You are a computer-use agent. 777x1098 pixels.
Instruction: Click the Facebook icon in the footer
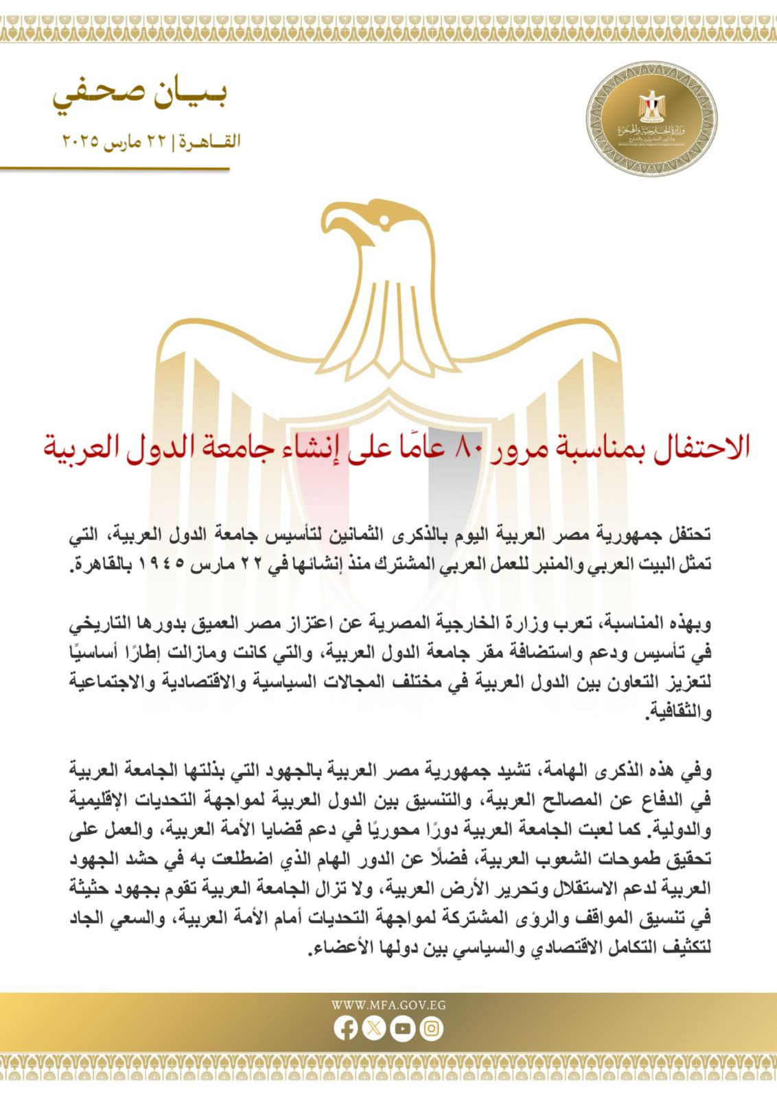(345, 1028)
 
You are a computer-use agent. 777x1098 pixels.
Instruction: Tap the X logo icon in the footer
(373, 1028)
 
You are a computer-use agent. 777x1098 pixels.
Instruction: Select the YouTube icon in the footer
(402, 1028)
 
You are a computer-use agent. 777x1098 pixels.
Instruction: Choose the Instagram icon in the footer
(431, 1028)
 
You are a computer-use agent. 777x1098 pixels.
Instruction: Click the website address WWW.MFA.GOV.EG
(388, 1005)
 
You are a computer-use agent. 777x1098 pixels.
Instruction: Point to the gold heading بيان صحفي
(140, 96)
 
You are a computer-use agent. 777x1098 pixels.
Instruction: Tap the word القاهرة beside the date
(210, 142)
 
